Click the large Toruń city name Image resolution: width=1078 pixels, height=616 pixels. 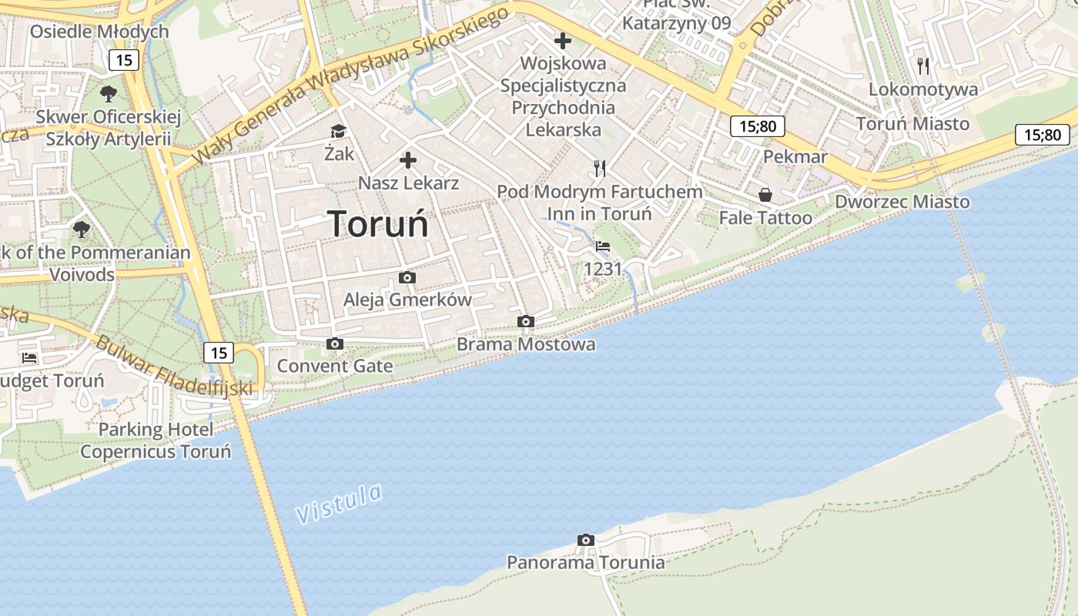point(377,224)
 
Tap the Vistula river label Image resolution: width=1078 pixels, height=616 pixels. point(339,504)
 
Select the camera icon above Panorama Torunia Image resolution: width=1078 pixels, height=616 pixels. point(586,541)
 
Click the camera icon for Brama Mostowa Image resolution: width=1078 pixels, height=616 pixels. point(526,322)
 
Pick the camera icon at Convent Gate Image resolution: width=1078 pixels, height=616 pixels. point(334,344)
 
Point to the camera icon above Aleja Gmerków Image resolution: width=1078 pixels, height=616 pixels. point(407,278)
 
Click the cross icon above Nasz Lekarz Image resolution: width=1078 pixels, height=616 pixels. point(408,161)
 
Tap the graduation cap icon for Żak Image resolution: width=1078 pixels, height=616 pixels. point(338,132)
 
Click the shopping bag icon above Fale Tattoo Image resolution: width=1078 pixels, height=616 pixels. point(765,196)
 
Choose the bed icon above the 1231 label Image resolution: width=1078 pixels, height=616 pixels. point(603,247)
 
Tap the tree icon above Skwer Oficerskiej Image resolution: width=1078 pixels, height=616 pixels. point(109,95)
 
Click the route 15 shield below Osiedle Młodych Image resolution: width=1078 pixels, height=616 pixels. point(123,60)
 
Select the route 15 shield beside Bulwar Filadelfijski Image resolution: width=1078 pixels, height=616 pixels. point(219,353)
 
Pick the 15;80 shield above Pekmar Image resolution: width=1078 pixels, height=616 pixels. point(757,126)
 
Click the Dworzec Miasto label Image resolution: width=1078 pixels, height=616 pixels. point(902,202)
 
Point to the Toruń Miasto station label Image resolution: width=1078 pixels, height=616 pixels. point(912,124)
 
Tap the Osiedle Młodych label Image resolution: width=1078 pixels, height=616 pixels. point(99,32)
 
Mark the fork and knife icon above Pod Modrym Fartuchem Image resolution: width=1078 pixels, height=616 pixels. point(600,169)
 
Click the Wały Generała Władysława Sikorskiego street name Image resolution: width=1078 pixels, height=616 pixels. point(350,85)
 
